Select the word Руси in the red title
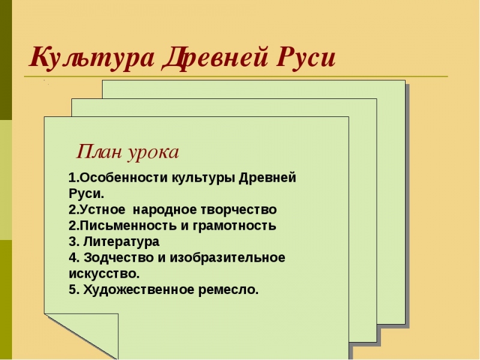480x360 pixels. click(x=305, y=58)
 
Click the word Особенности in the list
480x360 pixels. click(x=124, y=178)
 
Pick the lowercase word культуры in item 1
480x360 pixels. click(x=204, y=178)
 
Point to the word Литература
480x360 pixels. click(x=122, y=242)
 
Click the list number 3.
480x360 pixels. click(x=73, y=242)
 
